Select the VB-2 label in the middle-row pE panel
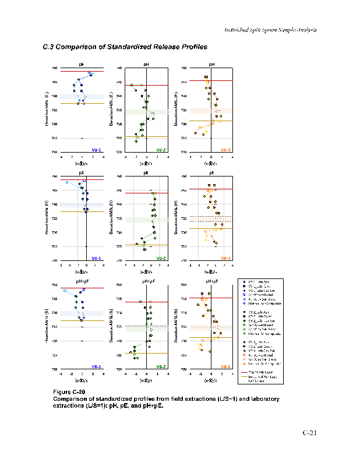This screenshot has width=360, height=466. [161, 257]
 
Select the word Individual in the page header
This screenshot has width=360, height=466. [237, 30]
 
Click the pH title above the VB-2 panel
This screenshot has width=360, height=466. [146, 65]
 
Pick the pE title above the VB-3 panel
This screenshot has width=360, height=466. [211, 173]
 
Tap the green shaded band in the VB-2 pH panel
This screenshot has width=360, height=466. [146, 111]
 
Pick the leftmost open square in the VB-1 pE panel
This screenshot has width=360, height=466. [68, 182]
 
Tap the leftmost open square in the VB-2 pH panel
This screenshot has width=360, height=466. [132, 85]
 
